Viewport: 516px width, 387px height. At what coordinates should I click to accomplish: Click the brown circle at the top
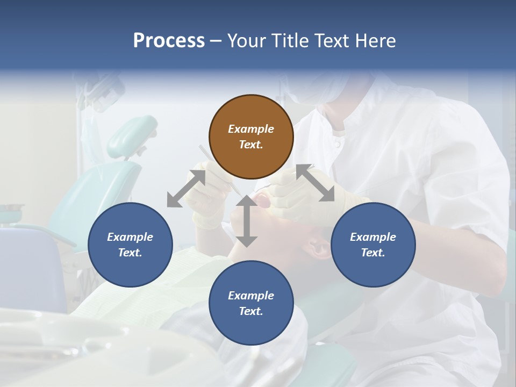(x=251, y=137)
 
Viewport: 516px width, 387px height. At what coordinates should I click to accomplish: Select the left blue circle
(x=130, y=245)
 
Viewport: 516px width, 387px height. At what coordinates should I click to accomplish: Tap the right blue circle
(x=373, y=245)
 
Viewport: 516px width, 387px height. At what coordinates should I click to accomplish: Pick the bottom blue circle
(x=251, y=303)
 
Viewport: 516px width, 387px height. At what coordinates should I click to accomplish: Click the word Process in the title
(x=169, y=40)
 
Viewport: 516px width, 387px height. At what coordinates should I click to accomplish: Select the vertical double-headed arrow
(x=247, y=221)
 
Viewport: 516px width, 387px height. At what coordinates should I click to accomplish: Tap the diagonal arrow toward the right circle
(x=316, y=183)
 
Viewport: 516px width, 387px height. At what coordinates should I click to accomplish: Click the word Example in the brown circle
(x=251, y=129)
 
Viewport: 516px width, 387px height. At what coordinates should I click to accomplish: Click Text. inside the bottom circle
(x=251, y=311)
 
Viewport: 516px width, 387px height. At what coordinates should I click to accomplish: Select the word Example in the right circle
(x=373, y=237)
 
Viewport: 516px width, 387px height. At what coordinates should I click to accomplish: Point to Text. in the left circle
(x=130, y=253)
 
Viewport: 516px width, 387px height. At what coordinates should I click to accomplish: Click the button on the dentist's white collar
(x=337, y=144)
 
